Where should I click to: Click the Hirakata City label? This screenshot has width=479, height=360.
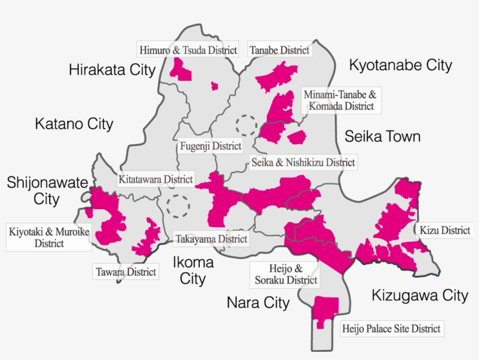click(x=112, y=70)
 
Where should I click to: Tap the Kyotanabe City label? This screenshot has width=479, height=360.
click(x=400, y=65)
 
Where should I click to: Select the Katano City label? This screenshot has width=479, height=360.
click(x=74, y=124)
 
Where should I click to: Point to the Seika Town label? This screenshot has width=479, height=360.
click(x=382, y=137)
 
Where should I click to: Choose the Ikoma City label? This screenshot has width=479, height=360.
click(x=192, y=271)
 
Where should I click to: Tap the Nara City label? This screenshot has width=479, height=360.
click(x=258, y=303)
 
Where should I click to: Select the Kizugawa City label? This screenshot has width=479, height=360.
click(x=419, y=296)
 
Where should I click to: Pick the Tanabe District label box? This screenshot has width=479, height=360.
click(x=279, y=50)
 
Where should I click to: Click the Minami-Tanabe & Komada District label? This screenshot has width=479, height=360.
click(x=342, y=100)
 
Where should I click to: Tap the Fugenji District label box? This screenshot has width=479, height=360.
click(x=211, y=146)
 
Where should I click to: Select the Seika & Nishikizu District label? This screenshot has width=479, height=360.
click(x=302, y=162)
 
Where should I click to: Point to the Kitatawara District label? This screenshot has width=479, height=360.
click(x=155, y=179)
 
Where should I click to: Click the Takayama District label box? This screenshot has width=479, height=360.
click(x=211, y=238)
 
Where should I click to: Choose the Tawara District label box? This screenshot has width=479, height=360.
click(x=126, y=272)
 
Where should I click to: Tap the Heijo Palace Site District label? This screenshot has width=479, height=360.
click(x=391, y=328)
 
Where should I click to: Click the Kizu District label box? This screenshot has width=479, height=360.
click(x=445, y=230)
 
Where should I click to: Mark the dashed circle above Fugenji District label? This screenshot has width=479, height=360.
click(x=246, y=124)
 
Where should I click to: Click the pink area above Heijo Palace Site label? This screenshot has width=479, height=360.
click(x=325, y=310)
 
